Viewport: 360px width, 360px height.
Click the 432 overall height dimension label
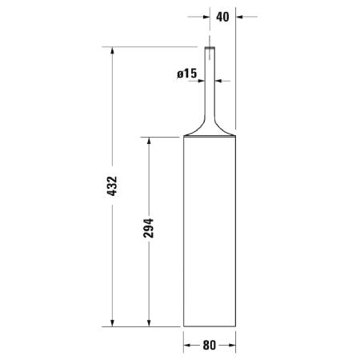point(112,186)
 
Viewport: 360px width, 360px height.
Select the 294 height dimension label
point(148,230)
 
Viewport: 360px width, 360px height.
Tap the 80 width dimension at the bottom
point(210,346)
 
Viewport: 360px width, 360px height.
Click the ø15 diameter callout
point(186,74)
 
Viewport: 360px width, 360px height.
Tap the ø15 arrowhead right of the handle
point(220,80)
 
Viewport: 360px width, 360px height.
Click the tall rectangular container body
point(210,232)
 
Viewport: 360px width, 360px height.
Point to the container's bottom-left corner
point(184,326)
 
